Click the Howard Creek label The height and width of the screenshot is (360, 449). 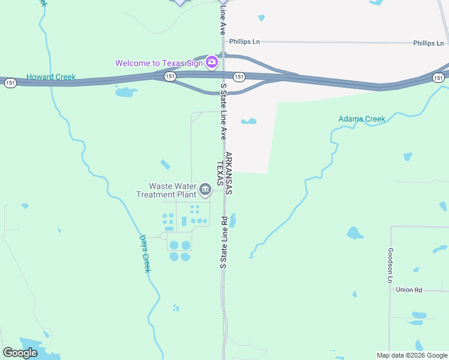[51, 77]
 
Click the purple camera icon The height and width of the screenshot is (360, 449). [211, 62]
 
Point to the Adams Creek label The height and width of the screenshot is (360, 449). [362, 119]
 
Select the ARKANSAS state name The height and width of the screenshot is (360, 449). [229, 173]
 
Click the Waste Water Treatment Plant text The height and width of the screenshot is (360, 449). [166, 190]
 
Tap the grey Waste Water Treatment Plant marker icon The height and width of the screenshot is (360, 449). [205, 190]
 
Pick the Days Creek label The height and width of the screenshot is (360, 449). [145, 253]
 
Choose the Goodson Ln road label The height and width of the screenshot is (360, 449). [390, 265]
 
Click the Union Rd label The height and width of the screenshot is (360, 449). [409, 290]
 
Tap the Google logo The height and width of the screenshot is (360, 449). [20, 353]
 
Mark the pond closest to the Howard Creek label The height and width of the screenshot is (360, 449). [124, 92]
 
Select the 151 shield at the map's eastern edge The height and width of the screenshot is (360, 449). [439, 77]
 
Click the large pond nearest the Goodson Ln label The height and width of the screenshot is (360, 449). [355, 233]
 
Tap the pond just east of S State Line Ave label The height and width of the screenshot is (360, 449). [249, 121]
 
